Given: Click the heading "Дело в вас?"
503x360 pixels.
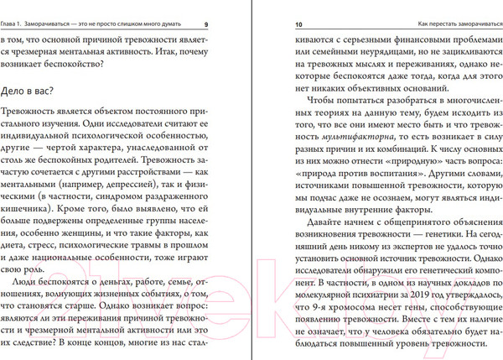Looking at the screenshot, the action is [x=39, y=94].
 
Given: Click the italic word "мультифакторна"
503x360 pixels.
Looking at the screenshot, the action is [x=329, y=134].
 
